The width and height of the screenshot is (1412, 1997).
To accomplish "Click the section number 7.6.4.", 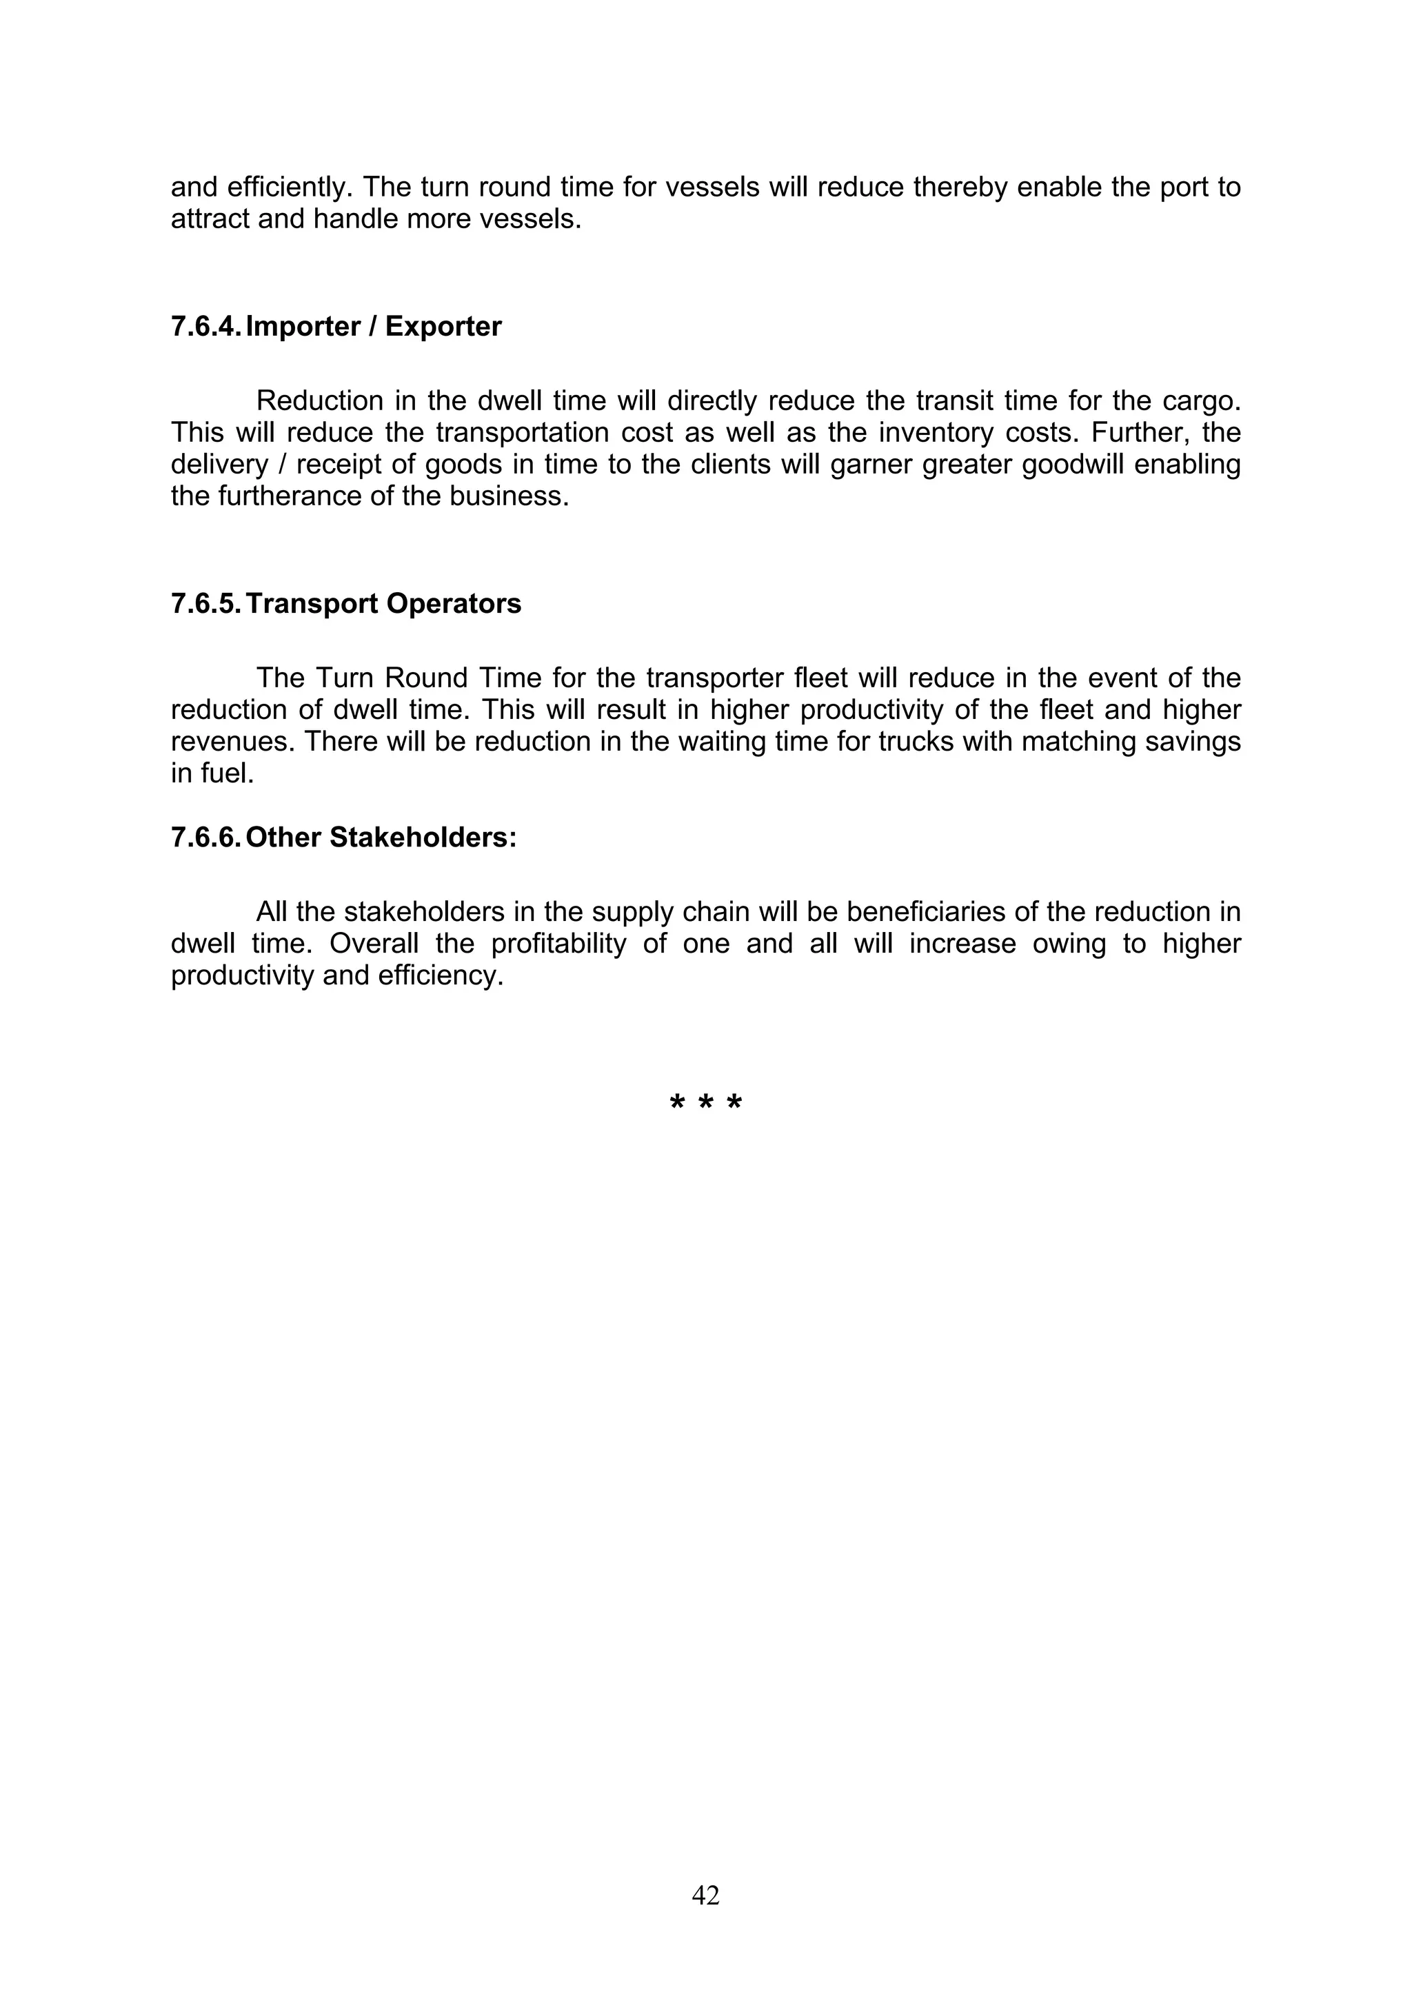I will [x=205, y=327].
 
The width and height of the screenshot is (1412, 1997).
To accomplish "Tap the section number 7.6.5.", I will [x=205, y=604].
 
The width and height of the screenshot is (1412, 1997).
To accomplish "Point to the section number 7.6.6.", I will [x=205, y=838].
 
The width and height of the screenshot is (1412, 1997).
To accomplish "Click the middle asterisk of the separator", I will [x=705, y=1104].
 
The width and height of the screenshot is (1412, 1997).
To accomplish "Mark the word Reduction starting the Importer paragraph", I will [x=319, y=401].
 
